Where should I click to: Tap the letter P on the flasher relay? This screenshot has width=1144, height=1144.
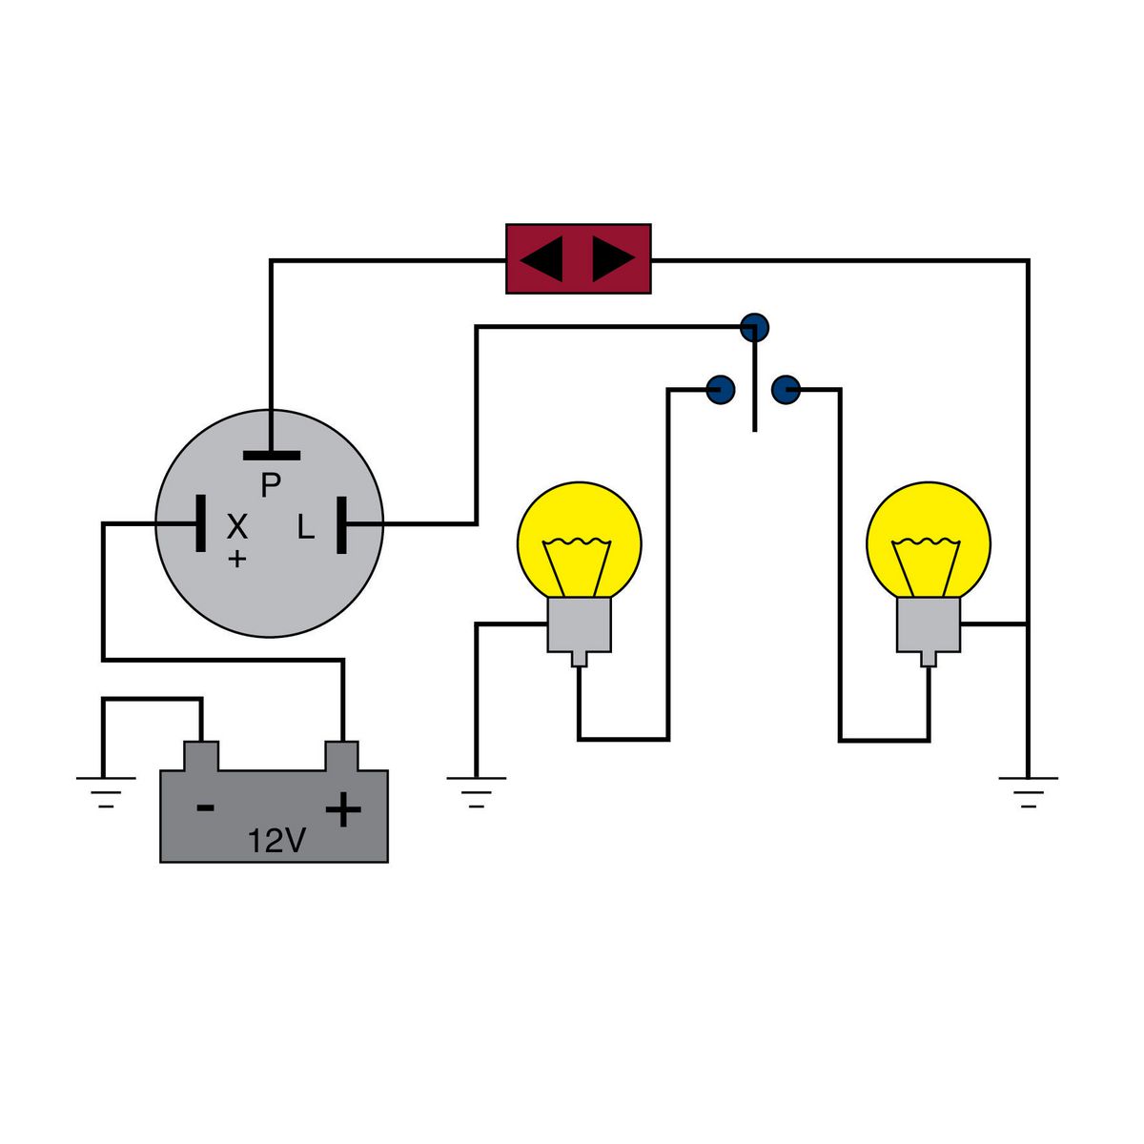coord(271,486)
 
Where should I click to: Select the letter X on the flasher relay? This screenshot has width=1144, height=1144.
coord(236,525)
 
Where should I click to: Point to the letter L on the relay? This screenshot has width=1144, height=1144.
coord(305,527)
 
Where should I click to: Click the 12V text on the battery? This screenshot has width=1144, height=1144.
coord(276,841)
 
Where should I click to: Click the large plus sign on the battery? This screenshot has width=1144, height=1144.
coord(343,810)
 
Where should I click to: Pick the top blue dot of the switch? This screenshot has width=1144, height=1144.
coord(754,327)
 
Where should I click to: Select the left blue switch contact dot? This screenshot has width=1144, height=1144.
coord(721,389)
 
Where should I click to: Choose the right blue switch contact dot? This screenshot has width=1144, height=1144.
coord(786,389)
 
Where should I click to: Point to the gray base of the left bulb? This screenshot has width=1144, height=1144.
coord(579,625)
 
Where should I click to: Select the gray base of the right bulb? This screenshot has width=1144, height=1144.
coord(929,625)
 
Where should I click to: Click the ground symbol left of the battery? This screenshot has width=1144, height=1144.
coord(105,790)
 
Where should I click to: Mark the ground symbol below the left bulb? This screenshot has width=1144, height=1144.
coord(476,790)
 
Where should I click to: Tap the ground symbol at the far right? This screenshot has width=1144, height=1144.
coord(1028,790)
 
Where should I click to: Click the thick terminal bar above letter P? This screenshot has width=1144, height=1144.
coord(271,456)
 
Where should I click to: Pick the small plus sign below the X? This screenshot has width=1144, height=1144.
coord(236,559)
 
